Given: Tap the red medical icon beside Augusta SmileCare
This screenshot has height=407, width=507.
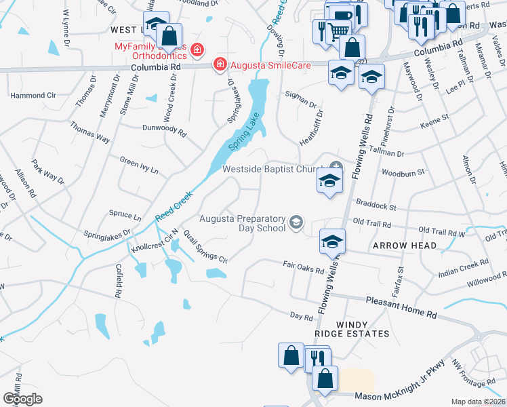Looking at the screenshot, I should (x=220, y=65).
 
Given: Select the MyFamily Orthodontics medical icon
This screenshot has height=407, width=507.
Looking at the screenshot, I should (x=197, y=50).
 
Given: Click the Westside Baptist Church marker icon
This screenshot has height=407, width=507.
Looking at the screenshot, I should (x=336, y=167).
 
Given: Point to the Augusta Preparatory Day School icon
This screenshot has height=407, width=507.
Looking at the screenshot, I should (x=296, y=222).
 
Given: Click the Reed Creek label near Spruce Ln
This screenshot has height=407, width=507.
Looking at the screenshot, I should (x=174, y=205).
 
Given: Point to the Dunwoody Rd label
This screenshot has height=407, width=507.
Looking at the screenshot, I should (x=164, y=128).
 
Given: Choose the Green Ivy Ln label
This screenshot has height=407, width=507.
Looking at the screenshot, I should (x=139, y=165).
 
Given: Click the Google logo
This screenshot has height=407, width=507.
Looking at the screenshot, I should (x=22, y=398).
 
